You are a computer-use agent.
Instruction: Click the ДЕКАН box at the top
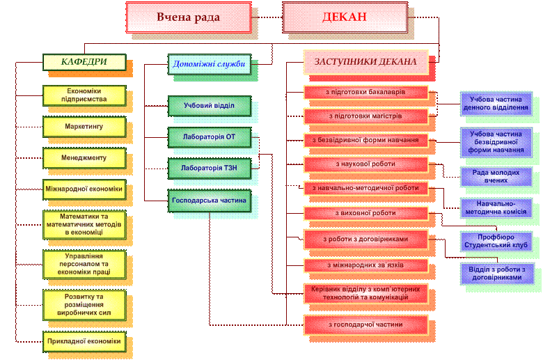click(x=344, y=17)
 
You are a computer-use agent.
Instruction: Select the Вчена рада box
click(x=188, y=17)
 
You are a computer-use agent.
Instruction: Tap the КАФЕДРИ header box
click(x=84, y=62)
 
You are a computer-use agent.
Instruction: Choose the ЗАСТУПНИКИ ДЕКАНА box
click(x=365, y=62)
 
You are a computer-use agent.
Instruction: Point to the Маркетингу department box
click(x=84, y=127)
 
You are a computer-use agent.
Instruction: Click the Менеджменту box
click(x=84, y=158)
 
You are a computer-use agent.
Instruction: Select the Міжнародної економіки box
click(x=84, y=189)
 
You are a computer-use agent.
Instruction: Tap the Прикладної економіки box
click(x=84, y=341)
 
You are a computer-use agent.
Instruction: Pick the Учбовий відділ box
click(x=209, y=106)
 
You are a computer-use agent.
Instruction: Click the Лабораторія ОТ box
click(x=209, y=136)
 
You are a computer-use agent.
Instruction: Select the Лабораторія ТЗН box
click(x=209, y=168)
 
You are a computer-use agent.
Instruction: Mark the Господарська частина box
click(x=209, y=200)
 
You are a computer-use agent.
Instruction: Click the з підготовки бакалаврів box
click(x=365, y=93)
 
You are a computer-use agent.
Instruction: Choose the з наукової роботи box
click(x=365, y=164)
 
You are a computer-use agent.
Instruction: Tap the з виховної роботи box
click(x=365, y=212)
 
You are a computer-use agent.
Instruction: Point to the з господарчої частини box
click(x=365, y=324)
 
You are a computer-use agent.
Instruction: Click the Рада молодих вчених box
click(x=495, y=176)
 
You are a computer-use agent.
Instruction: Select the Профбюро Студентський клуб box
click(x=495, y=241)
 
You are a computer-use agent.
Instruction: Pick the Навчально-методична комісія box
click(x=495, y=208)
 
